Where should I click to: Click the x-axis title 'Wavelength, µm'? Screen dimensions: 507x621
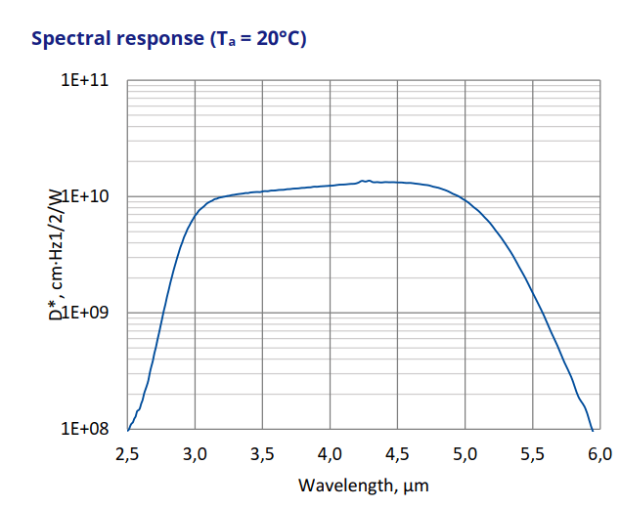(x=364, y=485)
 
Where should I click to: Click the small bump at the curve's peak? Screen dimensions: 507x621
(x=365, y=181)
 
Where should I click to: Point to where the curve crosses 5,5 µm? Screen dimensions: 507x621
(x=533, y=292)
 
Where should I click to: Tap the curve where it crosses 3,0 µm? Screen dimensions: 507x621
(x=196, y=213)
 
